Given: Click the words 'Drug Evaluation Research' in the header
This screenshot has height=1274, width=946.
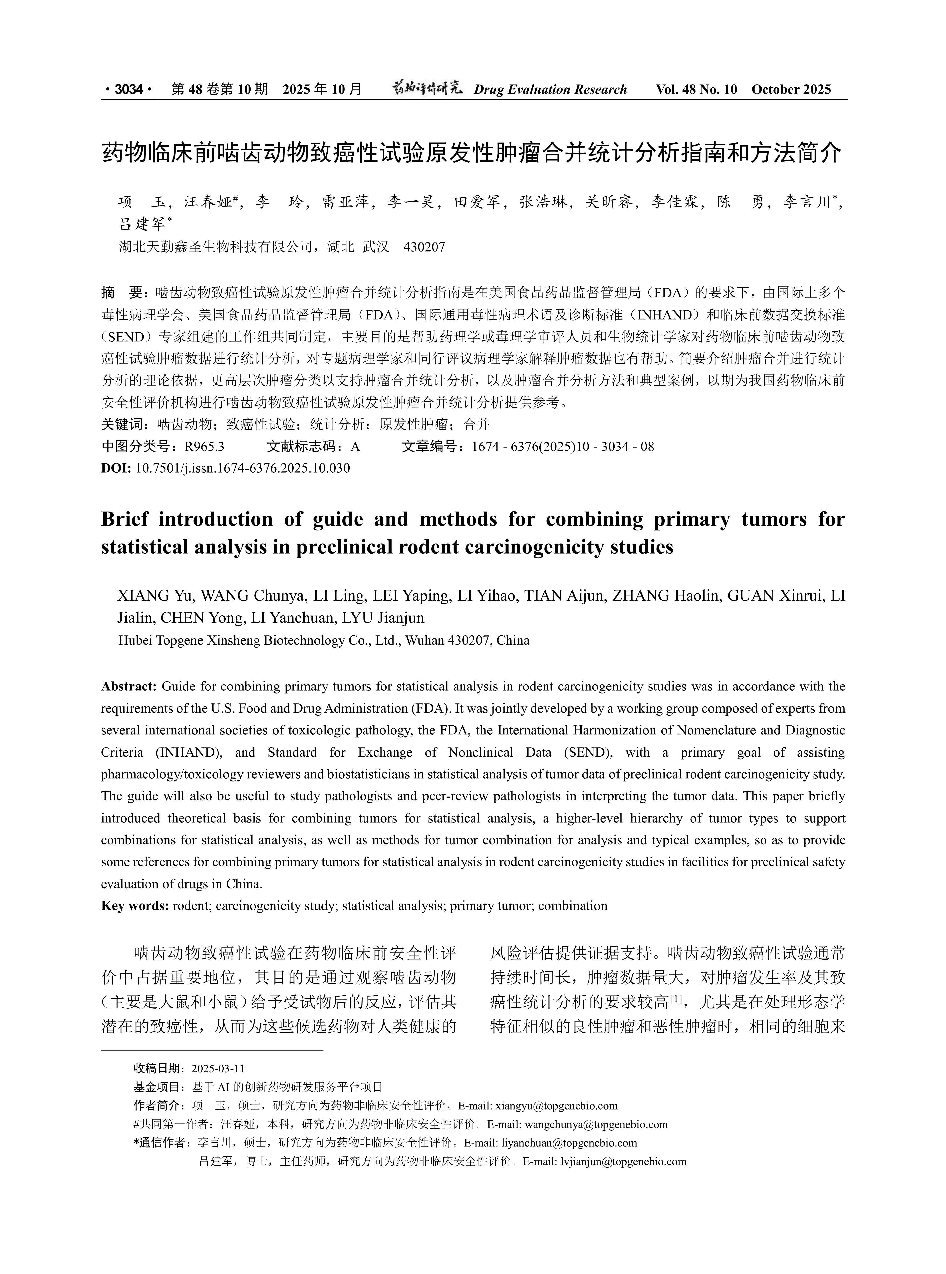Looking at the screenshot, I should (x=550, y=89).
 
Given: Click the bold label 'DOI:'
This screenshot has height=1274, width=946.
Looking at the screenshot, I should (x=116, y=468).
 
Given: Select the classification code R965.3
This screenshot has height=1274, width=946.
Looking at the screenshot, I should (x=204, y=447).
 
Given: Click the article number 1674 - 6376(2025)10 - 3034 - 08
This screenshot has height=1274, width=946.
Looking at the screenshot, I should (x=563, y=447).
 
